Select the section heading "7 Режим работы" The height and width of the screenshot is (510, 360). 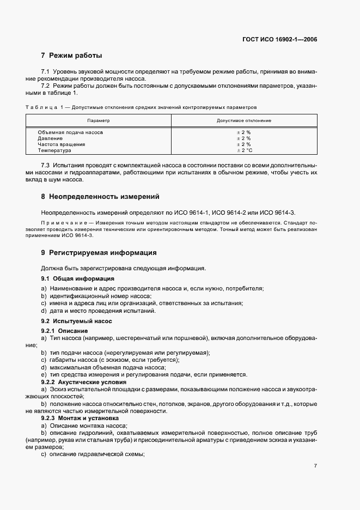71,56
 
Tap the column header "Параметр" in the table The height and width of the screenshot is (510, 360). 99,120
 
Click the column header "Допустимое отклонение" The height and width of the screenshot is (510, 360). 243,120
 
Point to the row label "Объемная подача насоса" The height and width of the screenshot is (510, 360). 70,132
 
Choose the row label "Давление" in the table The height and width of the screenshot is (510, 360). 50,138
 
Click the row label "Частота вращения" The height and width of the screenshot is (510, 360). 61,144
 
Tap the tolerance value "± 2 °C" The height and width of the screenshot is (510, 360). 243,150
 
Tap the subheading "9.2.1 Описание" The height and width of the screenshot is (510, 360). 65,331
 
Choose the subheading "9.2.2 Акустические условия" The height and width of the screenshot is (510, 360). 80,382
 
